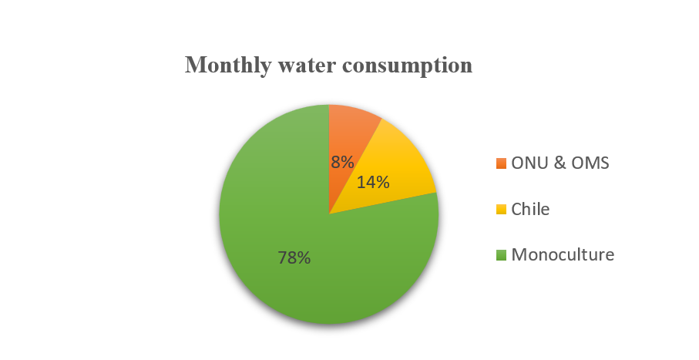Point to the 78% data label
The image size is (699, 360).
point(294,258)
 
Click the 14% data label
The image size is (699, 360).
point(373,183)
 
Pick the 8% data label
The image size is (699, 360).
point(342,162)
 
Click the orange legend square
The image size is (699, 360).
point(502,163)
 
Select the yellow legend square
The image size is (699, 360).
point(502,209)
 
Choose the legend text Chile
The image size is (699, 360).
point(531,209)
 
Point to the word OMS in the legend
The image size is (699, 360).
point(594,163)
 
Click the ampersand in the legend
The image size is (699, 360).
point(561,163)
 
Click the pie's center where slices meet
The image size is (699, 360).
point(329,214)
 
